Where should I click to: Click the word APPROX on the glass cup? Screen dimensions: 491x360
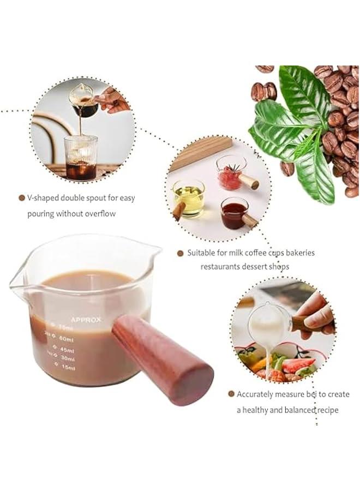[x=85, y=320]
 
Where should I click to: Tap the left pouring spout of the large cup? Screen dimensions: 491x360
[x=16, y=282]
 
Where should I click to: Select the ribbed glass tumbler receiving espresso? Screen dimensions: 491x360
[x=81, y=157]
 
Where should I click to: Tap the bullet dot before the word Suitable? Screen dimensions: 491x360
[x=180, y=253]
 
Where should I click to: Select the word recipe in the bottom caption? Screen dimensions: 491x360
[x=325, y=410]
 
